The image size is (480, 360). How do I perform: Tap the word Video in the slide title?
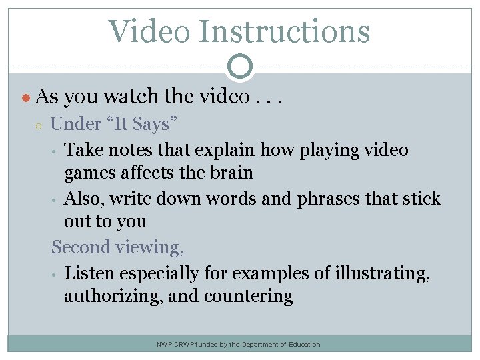coord(148,31)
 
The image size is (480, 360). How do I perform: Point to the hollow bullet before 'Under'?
coord(39,125)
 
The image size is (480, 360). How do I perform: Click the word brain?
coord(229,173)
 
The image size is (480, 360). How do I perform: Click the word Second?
coord(81,247)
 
